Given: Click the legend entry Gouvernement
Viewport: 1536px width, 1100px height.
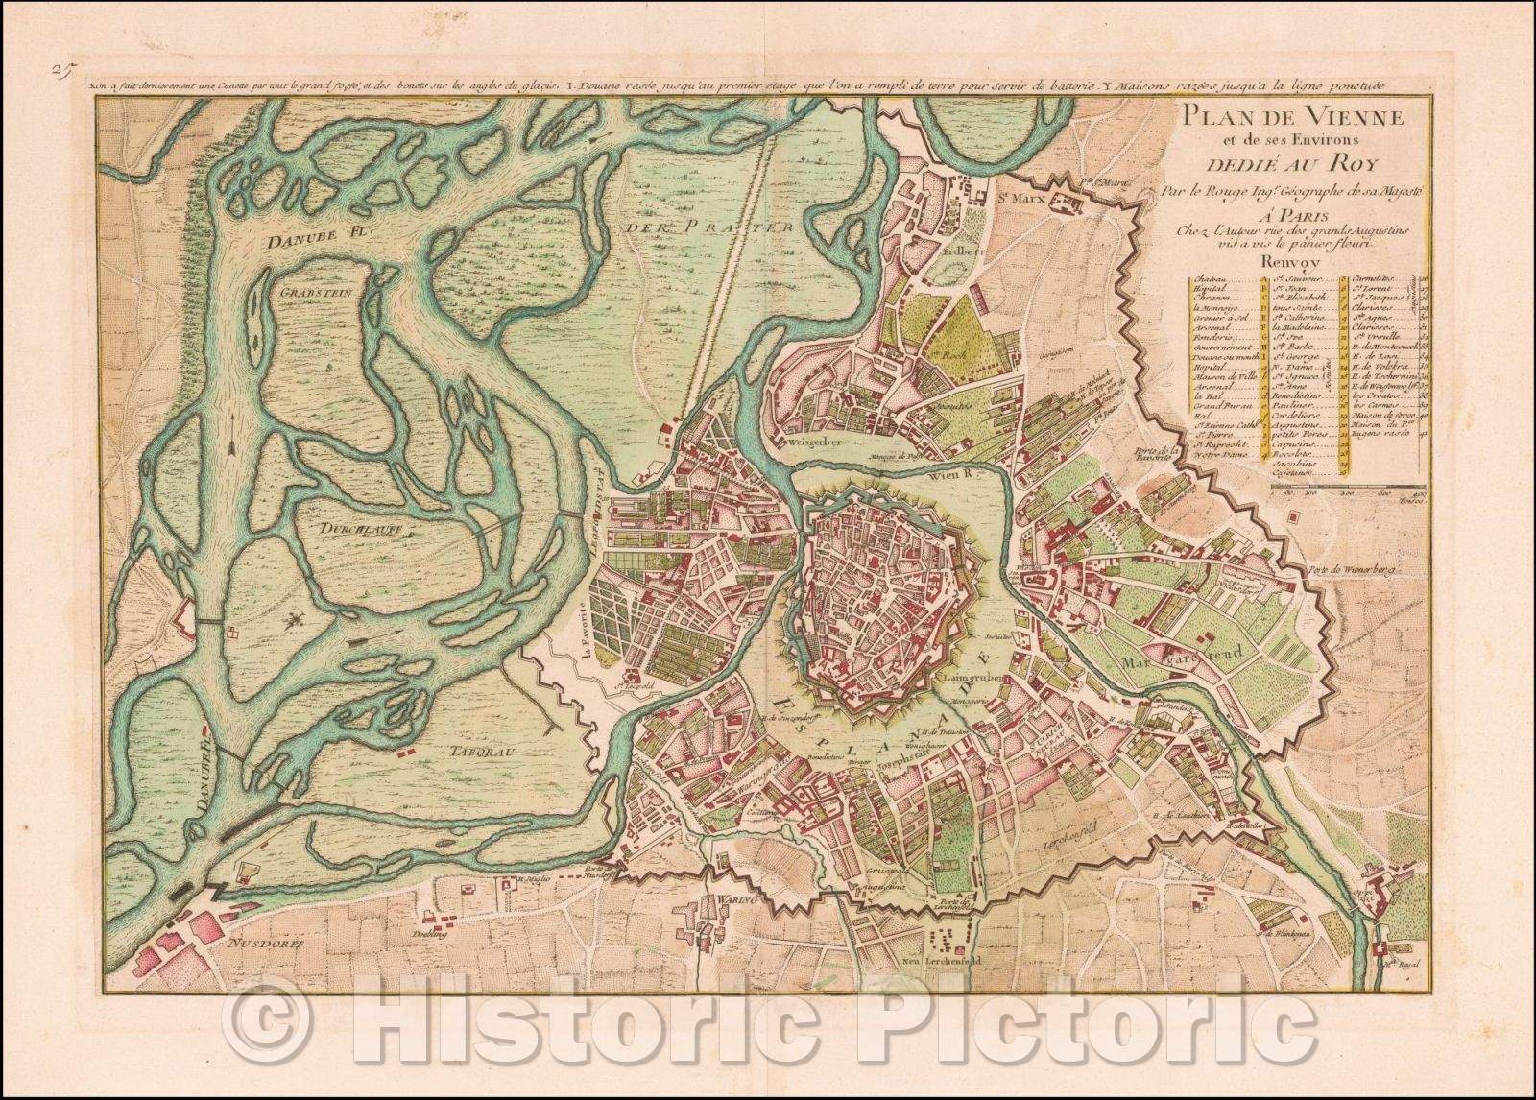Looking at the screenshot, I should pyautogui.click(x=1222, y=347).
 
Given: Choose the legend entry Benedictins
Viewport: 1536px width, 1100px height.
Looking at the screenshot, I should pyautogui.click(x=1296, y=396).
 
